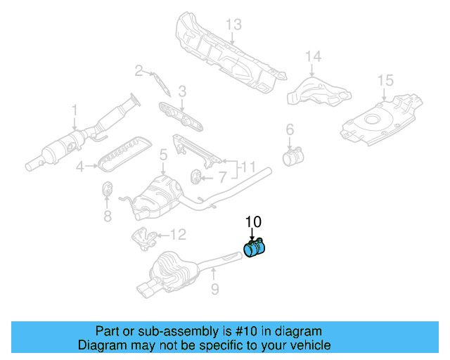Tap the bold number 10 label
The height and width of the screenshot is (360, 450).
(253, 221)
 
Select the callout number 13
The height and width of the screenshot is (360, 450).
(233, 25)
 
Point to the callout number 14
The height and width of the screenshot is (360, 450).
(312, 56)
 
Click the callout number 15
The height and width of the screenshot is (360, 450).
(385, 80)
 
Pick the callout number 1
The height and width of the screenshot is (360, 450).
(74, 110)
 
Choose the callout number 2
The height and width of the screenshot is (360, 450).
(139, 70)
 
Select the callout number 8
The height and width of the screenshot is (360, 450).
(108, 217)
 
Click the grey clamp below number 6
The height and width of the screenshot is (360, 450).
(292, 155)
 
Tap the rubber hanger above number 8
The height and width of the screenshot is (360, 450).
(108, 190)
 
